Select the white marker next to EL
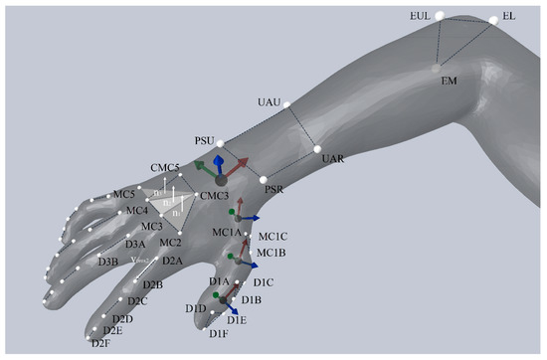click(x=493, y=20)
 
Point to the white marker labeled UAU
click(x=286, y=104)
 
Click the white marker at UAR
click(x=317, y=149)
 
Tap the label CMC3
click(x=214, y=196)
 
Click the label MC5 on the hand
click(x=123, y=193)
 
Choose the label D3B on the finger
click(x=109, y=262)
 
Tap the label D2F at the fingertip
click(x=99, y=343)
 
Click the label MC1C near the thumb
click(x=273, y=237)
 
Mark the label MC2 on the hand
click(x=170, y=242)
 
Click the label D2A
click(x=173, y=261)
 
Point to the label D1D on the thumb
click(x=195, y=309)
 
